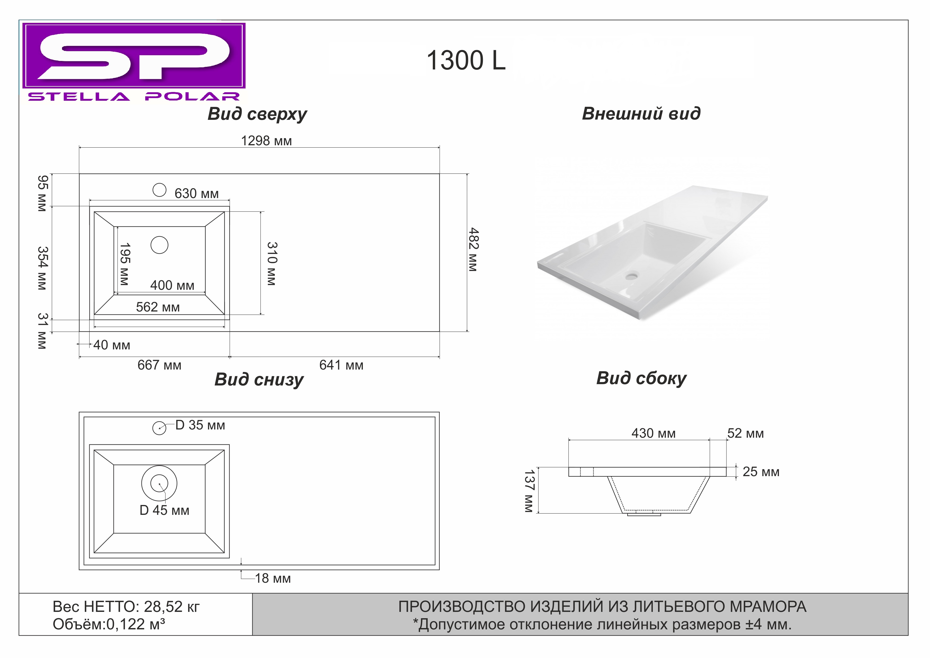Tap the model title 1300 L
tap(466, 60)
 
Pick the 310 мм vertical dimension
tap(272, 264)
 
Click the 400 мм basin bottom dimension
tap(172, 285)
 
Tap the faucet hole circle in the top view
tap(160, 190)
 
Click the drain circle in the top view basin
tap(160, 245)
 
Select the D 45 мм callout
tap(164, 510)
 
